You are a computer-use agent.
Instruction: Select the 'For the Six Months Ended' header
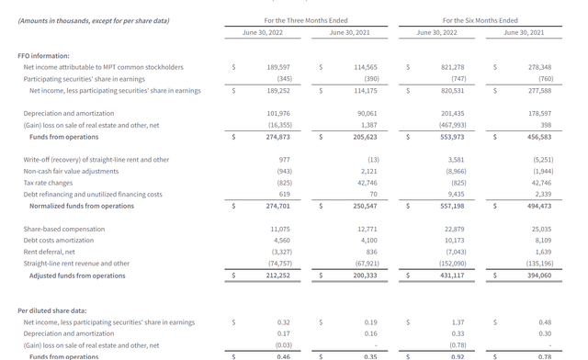[x=480, y=19]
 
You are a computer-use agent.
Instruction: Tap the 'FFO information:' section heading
[x=43, y=55]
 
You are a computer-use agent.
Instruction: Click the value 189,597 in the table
[x=278, y=67]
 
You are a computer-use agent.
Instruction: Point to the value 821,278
[x=452, y=67]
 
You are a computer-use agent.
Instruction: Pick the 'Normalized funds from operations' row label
[x=81, y=206]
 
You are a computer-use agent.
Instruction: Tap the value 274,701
[x=277, y=206]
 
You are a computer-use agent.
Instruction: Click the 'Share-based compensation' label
[x=63, y=229]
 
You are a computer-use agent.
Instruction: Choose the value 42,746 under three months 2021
[x=366, y=183]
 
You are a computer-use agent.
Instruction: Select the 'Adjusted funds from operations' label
[x=77, y=276]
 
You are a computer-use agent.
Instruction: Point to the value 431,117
[x=452, y=276]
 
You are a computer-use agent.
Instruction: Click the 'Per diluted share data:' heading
[x=52, y=310]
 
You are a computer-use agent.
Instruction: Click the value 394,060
[x=539, y=276]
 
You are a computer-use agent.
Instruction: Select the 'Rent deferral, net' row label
[x=50, y=252]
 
